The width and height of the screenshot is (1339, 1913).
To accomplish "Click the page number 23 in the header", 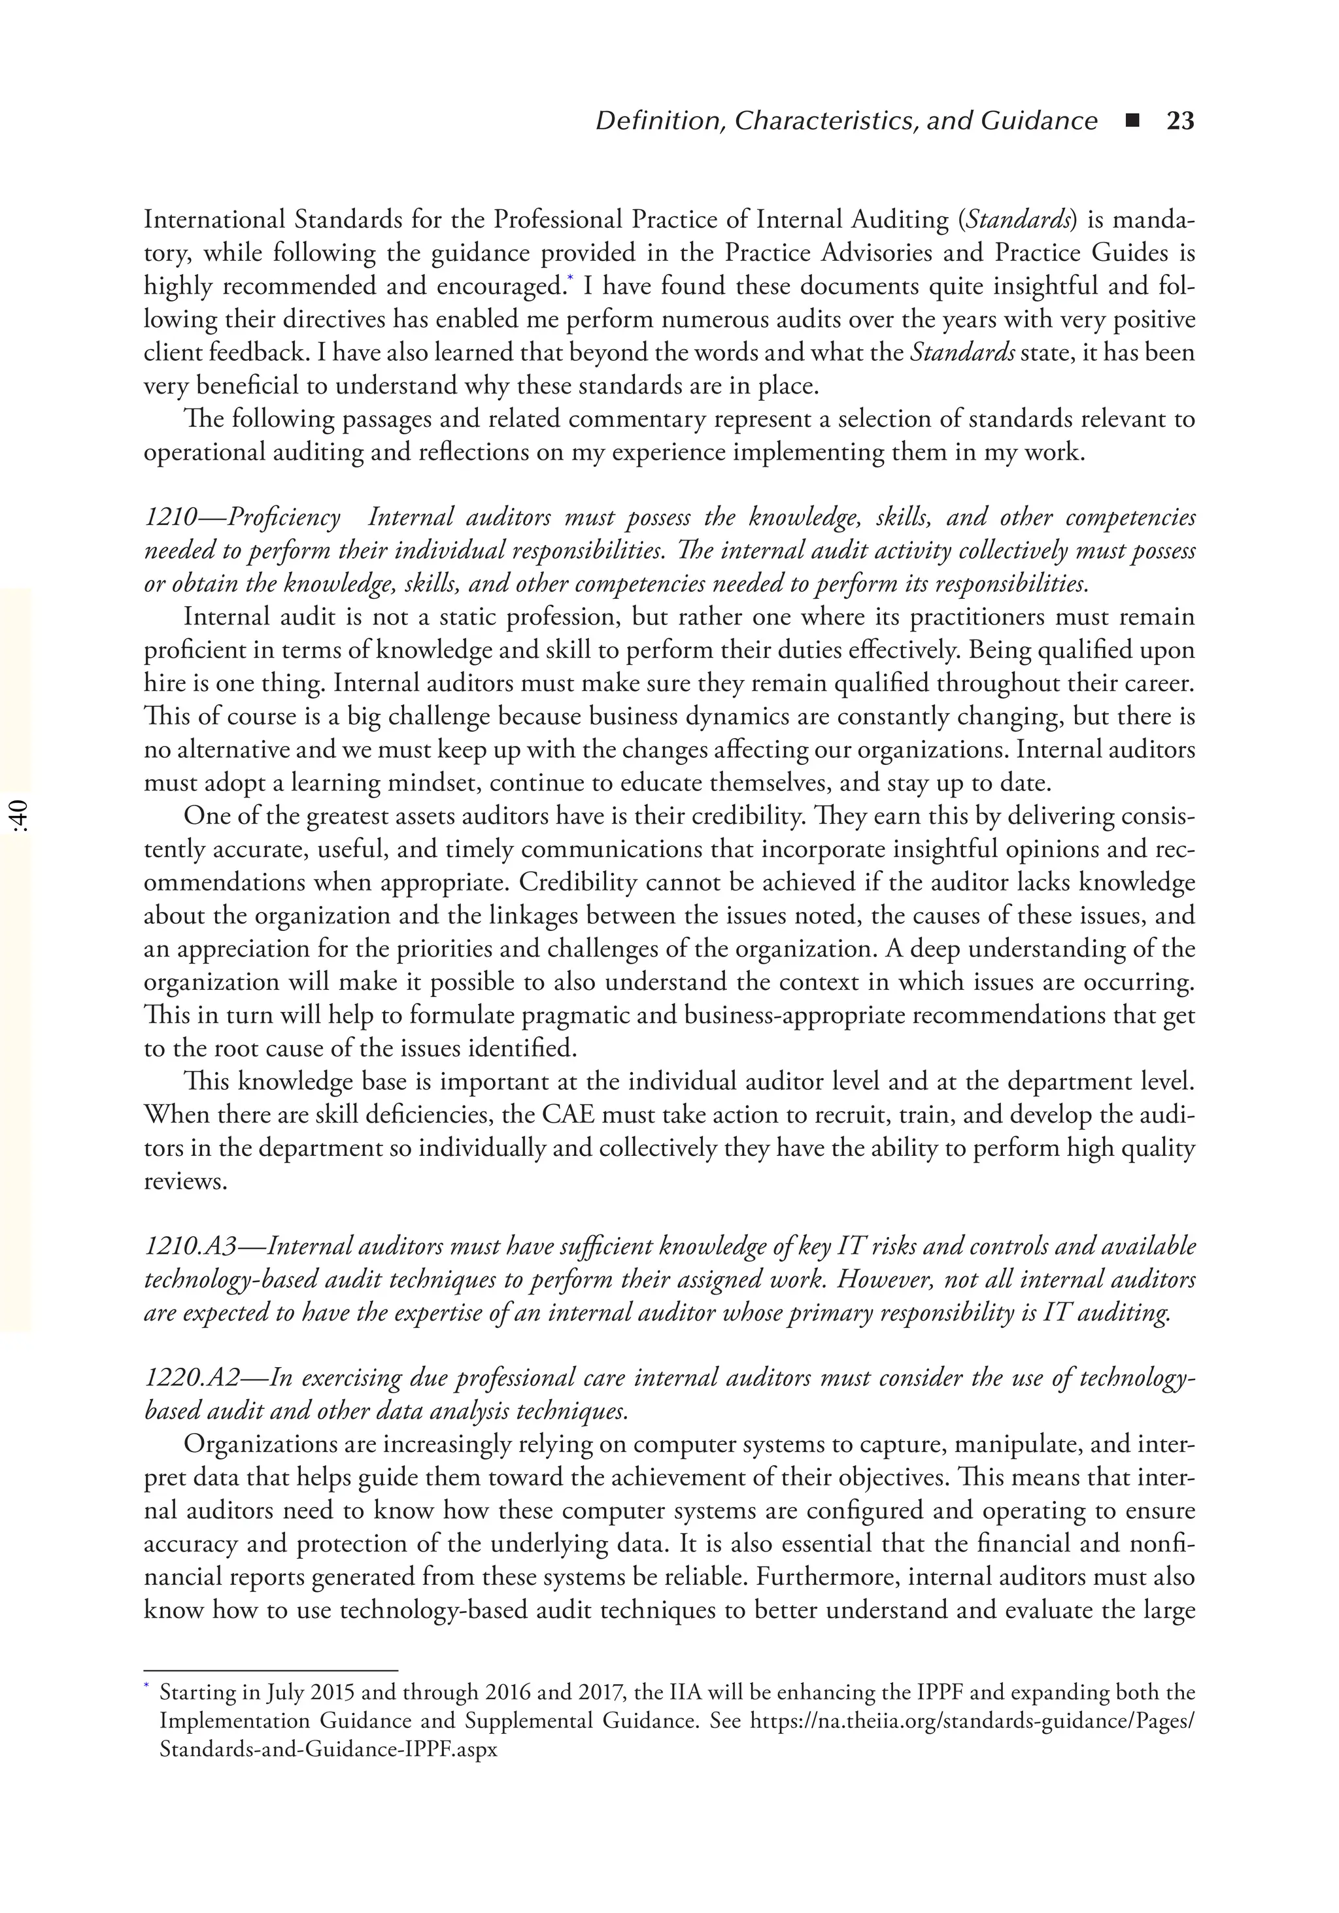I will coord(1180,122).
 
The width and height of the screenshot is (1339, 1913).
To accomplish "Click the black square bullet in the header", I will coord(1132,122).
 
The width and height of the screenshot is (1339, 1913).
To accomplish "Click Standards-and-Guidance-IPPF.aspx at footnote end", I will coord(328,1750).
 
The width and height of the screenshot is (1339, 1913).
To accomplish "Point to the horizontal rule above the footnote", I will coord(271,1671).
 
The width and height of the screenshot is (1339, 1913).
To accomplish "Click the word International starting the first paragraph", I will coord(214,220).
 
